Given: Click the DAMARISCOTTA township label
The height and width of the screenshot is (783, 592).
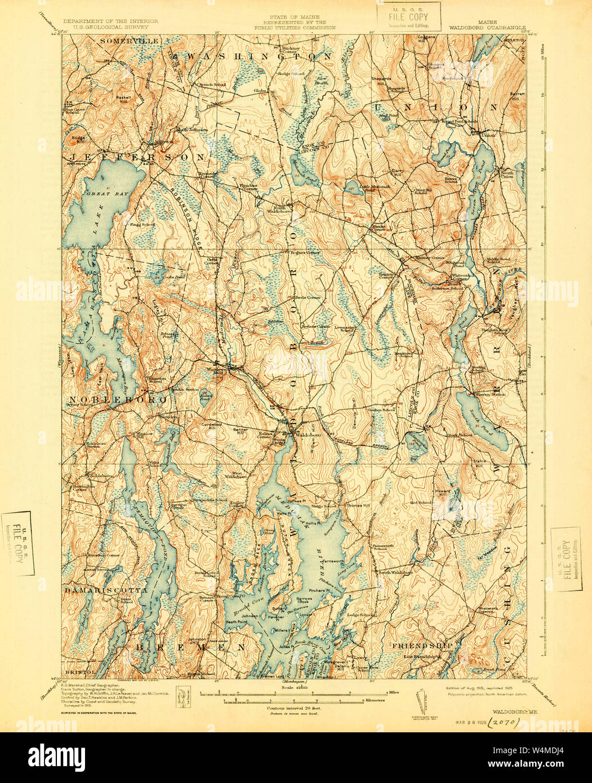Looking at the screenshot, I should pyautogui.click(x=105, y=590).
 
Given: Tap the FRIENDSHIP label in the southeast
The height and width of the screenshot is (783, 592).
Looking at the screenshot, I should pyautogui.click(x=415, y=644).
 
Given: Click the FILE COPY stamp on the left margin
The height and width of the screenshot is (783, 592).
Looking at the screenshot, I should pyautogui.click(x=18, y=544).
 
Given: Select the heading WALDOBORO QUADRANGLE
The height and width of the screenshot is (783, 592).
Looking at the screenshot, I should pyautogui.click(x=488, y=26).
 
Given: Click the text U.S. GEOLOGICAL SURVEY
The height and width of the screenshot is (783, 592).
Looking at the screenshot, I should pyautogui.click(x=110, y=26).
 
